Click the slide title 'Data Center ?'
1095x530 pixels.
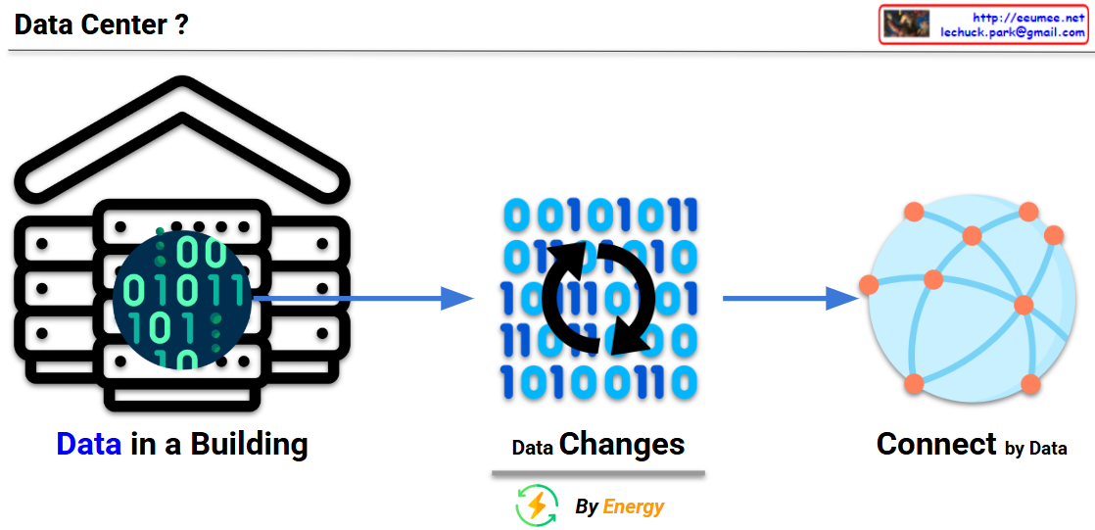(101, 25)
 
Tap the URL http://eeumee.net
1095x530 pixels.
(1028, 17)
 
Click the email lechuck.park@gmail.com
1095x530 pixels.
(1012, 32)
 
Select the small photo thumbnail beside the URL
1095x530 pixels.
(906, 24)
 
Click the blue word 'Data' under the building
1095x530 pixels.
(88, 445)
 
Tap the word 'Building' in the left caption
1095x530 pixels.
(249, 445)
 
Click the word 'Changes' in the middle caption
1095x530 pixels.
(622, 445)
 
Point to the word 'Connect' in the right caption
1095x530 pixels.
(936, 445)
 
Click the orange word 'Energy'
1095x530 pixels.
(634, 506)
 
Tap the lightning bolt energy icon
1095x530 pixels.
(537, 506)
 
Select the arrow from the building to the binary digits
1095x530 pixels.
(362, 298)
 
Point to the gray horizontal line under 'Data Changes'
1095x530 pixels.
(598, 474)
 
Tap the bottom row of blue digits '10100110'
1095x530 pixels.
(598, 382)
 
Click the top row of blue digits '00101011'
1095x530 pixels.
(598, 214)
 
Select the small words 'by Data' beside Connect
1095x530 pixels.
(1035, 449)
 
